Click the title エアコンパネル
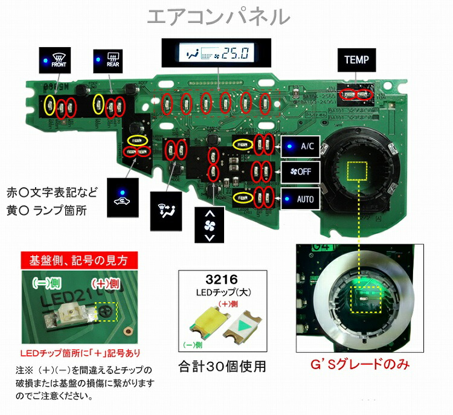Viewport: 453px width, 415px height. coord(226,16)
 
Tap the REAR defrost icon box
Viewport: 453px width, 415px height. coord(109,57)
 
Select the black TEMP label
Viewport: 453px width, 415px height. coord(356,60)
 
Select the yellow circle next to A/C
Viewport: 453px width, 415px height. coord(243,144)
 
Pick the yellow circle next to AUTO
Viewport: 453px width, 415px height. coord(243,196)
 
